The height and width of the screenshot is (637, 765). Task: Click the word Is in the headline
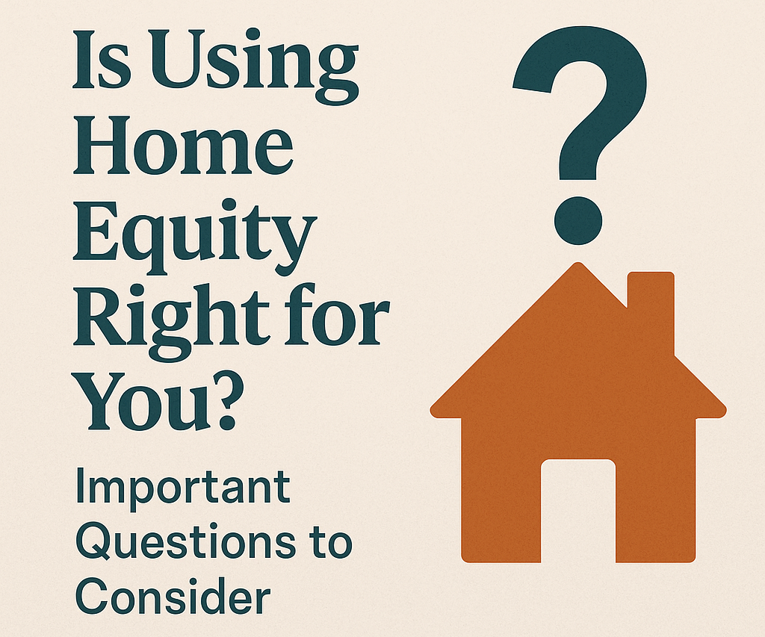(102, 60)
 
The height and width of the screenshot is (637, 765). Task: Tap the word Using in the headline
(255, 66)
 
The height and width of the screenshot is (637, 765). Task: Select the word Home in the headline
(184, 146)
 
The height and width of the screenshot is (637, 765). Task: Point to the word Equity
(195, 237)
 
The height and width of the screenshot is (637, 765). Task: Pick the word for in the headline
(337, 314)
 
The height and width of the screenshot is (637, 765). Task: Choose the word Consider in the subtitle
(173, 596)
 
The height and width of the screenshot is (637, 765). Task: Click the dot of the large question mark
(578, 220)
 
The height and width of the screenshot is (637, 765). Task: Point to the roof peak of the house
(578, 264)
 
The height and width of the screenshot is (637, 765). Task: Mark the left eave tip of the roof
(431, 411)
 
